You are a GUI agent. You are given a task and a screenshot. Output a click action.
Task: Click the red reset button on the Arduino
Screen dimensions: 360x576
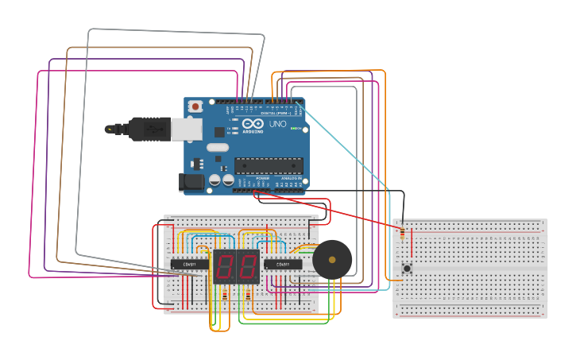[x=195, y=106]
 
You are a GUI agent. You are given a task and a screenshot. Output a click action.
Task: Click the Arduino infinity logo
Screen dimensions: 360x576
[x=253, y=125]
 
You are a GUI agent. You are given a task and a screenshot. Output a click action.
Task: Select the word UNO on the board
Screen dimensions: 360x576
[x=277, y=125]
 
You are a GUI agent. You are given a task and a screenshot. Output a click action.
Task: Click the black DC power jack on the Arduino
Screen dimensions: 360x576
[x=192, y=183]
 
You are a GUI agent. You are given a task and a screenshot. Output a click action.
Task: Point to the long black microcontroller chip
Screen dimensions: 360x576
[x=268, y=165]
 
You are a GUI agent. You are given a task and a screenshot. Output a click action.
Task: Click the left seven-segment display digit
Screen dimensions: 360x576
[x=225, y=266]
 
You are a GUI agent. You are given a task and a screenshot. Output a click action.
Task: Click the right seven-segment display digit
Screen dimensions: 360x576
[x=248, y=266]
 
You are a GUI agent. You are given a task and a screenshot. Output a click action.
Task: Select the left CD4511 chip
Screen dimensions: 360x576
[x=189, y=264]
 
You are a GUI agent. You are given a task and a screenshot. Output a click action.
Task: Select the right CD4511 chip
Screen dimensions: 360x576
[x=282, y=264]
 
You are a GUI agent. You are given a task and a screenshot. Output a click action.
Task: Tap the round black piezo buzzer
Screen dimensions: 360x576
[x=331, y=259]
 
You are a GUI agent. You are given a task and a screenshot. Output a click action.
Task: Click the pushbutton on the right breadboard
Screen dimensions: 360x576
[x=407, y=269]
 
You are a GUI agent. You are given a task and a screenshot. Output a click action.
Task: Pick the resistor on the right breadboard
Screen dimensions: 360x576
[x=402, y=233]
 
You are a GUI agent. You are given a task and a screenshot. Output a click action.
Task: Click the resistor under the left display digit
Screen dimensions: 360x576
[x=225, y=296]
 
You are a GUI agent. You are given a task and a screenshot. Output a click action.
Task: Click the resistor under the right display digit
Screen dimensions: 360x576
[x=248, y=296]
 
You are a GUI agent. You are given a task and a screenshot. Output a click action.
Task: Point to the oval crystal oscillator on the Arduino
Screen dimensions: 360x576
[x=217, y=147]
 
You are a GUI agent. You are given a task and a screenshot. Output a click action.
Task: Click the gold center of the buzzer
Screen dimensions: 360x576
[x=331, y=259]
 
